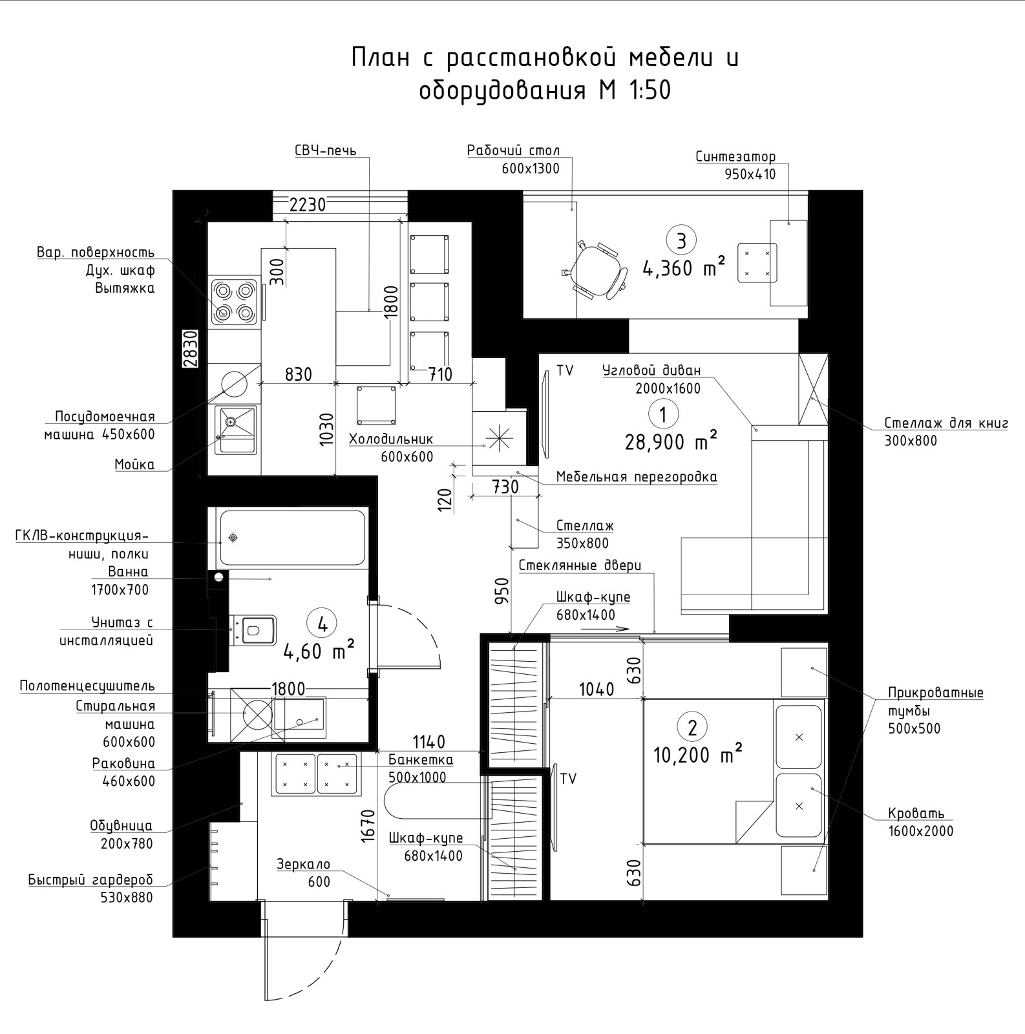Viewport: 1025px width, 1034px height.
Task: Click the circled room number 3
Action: [x=681, y=240]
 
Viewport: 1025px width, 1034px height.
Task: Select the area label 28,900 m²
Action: [x=671, y=442]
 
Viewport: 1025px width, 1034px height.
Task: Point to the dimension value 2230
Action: [x=308, y=205]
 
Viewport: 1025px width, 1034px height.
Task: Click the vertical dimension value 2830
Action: [x=189, y=349]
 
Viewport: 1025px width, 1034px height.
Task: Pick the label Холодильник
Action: [x=391, y=439]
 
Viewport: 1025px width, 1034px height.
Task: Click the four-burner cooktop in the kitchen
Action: [x=234, y=301]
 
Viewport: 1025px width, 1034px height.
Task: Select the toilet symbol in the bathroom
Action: [x=253, y=629]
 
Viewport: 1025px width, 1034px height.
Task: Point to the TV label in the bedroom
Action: [x=568, y=779]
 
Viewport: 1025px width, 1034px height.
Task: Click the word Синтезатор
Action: [x=735, y=156]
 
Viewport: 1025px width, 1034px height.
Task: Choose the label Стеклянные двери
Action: [x=580, y=565]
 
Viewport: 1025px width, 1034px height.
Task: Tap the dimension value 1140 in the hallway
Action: [x=429, y=741]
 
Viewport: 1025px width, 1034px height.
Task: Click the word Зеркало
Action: [x=303, y=864]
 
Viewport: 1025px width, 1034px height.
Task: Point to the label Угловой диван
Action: [x=651, y=371]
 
